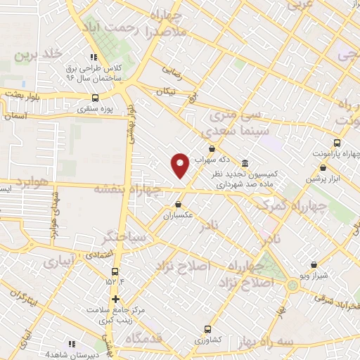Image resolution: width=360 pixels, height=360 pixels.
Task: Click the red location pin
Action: point(181,165)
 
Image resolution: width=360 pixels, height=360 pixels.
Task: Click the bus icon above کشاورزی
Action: point(207,328)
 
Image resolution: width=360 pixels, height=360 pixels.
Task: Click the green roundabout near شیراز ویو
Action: point(292,286)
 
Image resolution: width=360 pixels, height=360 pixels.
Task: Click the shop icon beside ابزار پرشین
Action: point(323,167)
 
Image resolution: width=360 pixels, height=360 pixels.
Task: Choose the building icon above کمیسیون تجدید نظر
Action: point(244,161)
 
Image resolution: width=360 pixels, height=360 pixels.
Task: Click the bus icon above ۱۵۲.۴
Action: point(115,271)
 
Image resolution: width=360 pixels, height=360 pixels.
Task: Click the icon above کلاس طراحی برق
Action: point(91,58)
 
